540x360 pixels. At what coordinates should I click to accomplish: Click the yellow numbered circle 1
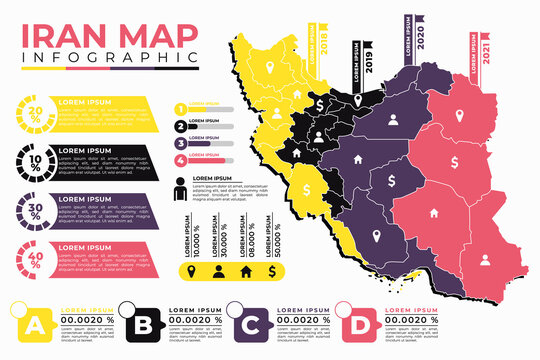pos(180,110)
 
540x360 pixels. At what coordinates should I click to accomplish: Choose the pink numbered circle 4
pos(180,158)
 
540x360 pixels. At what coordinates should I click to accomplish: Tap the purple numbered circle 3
pos(180,142)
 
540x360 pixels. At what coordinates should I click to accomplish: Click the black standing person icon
pos(180,188)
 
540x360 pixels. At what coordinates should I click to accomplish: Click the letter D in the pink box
pos(359,325)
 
